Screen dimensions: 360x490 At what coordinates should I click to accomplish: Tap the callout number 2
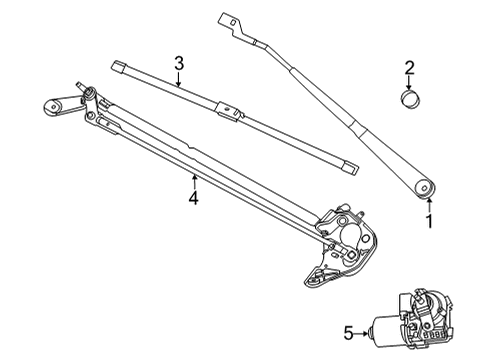pos(409,68)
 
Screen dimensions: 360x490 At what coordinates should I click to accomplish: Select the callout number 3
pos(178,64)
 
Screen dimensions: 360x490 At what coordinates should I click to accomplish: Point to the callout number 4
pos(193,199)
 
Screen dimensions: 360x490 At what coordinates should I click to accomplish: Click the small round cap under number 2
pos(409,99)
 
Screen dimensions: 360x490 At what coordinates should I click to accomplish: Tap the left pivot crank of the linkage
pos(58,105)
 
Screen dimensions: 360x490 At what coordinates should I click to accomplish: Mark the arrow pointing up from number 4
pos(193,180)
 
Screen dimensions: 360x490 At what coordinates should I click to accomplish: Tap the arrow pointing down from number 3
pos(178,82)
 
